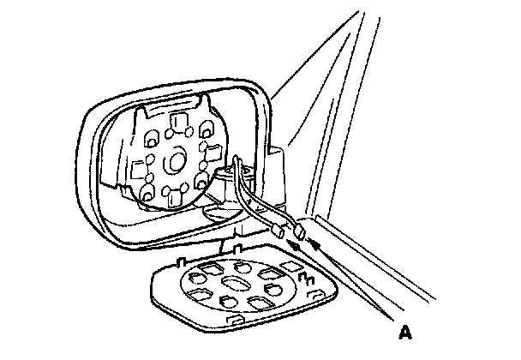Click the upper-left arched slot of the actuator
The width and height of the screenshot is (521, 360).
coord(150,135)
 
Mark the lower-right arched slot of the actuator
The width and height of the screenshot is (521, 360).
coord(202,183)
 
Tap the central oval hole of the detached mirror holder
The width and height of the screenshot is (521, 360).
coord(232,285)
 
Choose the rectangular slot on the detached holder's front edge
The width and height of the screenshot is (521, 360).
coord(231,321)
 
